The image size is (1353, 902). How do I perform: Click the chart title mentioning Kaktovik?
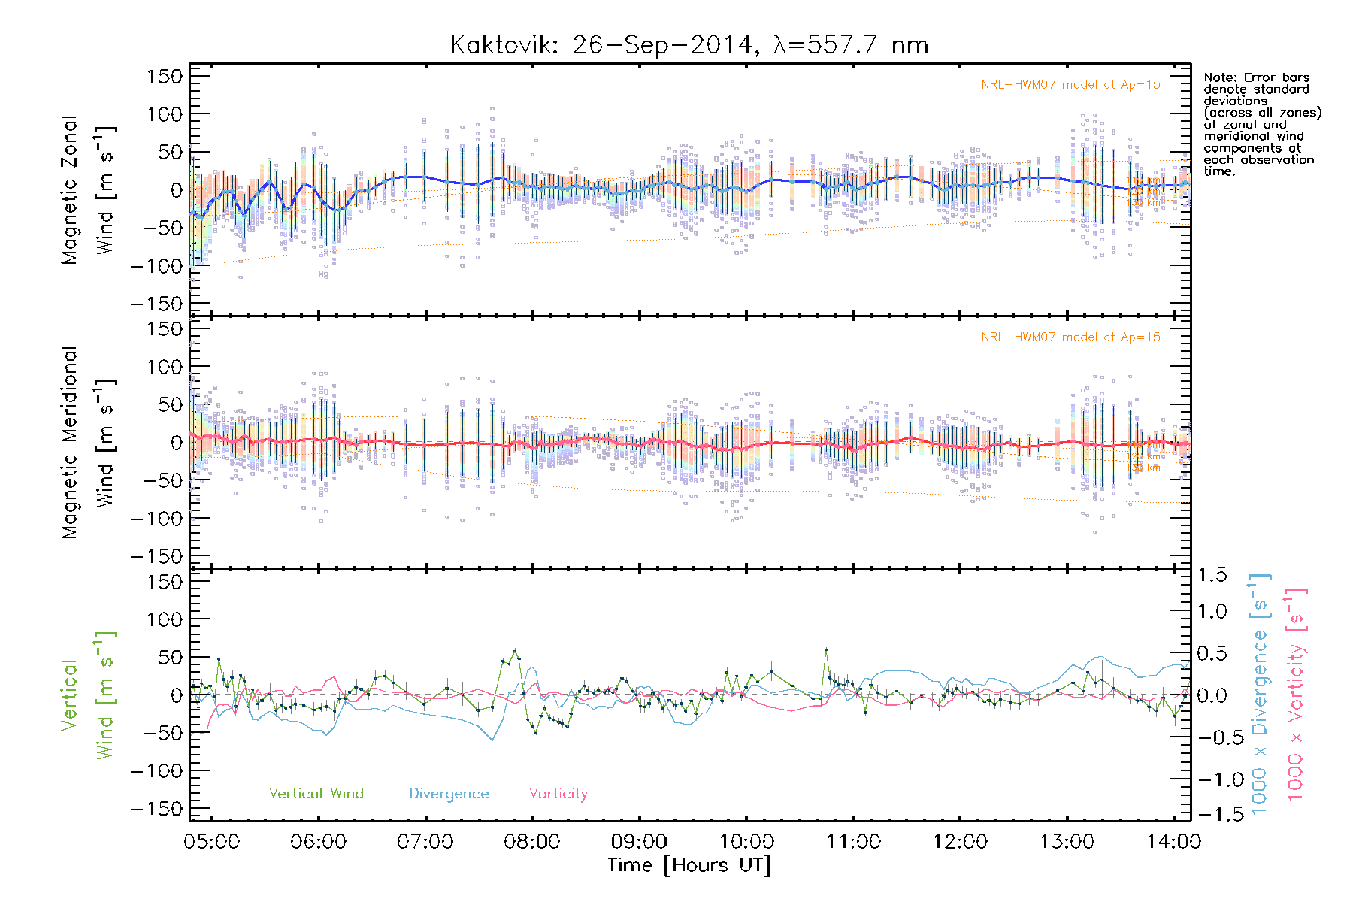[x=689, y=45]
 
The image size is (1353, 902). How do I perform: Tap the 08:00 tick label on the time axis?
[x=531, y=841]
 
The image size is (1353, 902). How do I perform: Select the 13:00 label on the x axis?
[x=1067, y=841]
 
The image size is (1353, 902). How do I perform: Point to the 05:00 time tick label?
[x=211, y=841]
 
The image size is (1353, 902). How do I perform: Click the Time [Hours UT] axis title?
[x=689, y=865]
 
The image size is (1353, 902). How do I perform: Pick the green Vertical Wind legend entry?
[x=316, y=793]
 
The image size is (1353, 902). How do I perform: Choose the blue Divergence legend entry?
[x=449, y=793]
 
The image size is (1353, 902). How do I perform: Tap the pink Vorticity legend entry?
[x=558, y=793]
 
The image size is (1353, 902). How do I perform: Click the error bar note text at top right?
[x=1261, y=124]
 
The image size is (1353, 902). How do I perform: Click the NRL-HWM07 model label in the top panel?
[x=1070, y=85]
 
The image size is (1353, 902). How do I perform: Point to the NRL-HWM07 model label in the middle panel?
[x=1070, y=337]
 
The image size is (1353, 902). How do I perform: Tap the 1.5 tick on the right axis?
[x=1212, y=575]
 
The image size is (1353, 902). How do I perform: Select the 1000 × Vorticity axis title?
[x=1296, y=693]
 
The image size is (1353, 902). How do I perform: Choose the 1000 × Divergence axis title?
[x=1260, y=693]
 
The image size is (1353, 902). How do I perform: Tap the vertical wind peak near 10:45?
[x=825, y=649]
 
